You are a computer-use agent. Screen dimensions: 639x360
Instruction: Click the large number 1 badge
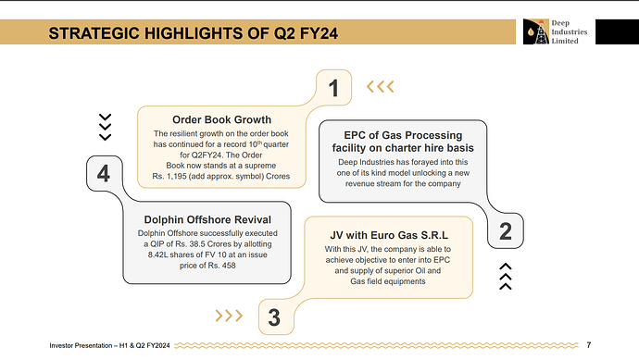333,88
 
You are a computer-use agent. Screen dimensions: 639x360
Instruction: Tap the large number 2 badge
506,231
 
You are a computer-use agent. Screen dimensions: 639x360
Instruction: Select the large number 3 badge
274,317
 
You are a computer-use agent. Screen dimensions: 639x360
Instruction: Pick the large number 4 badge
104,173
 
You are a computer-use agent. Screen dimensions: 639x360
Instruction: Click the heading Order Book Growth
221,119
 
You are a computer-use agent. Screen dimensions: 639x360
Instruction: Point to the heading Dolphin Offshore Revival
207,220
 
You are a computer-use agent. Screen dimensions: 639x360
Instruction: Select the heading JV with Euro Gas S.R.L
389,235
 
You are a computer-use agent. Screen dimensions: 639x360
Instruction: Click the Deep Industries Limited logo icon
536,31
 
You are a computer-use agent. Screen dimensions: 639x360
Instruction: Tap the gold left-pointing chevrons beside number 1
381,87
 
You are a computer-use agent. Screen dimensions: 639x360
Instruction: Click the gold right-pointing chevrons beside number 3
229,316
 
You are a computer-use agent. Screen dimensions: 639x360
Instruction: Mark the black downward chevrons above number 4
106,127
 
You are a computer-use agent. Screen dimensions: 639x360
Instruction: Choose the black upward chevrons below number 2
506,277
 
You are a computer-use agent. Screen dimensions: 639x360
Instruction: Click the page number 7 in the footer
588,345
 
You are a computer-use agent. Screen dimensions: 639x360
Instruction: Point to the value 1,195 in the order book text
177,177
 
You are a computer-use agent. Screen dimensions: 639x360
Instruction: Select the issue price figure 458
229,266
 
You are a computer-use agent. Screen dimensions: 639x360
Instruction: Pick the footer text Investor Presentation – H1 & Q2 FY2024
109,345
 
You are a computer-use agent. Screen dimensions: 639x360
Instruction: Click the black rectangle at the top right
617,31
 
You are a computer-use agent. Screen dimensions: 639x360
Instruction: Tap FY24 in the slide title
319,33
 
